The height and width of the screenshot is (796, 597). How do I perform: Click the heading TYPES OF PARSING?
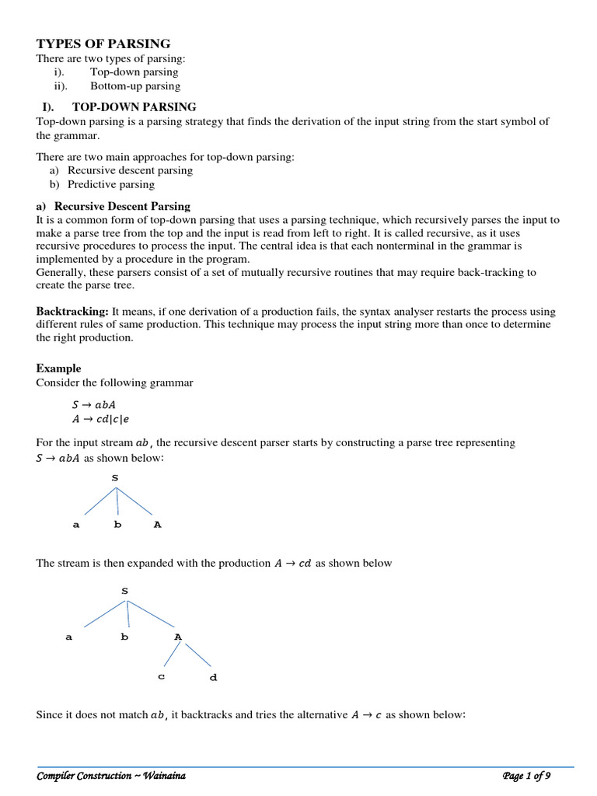(x=103, y=44)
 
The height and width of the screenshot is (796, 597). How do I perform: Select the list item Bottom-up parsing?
(x=134, y=86)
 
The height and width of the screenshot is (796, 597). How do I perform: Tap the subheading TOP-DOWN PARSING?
(x=134, y=106)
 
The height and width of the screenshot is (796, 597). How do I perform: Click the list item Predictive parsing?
(x=110, y=184)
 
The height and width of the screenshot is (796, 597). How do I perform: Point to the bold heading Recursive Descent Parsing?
(x=122, y=206)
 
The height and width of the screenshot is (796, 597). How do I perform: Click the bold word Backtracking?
(x=72, y=311)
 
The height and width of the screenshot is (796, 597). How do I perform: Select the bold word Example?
(x=58, y=368)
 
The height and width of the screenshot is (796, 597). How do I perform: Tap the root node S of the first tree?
(x=115, y=478)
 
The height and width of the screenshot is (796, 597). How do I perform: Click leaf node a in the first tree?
(x=76, y=525)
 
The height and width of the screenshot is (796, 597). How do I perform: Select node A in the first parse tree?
(x=158, y=525)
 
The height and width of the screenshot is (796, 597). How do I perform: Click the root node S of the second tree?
(x=124, y=592)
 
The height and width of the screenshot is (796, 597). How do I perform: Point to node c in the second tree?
(x=161, y=676)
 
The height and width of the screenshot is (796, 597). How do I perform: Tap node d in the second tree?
(x=213, y=677)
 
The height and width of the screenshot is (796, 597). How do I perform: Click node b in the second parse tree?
(x=124, y=637)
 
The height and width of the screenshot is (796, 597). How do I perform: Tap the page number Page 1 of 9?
(x=525, y=777)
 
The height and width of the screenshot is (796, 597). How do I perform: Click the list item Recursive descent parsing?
(x=130, y=170)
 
